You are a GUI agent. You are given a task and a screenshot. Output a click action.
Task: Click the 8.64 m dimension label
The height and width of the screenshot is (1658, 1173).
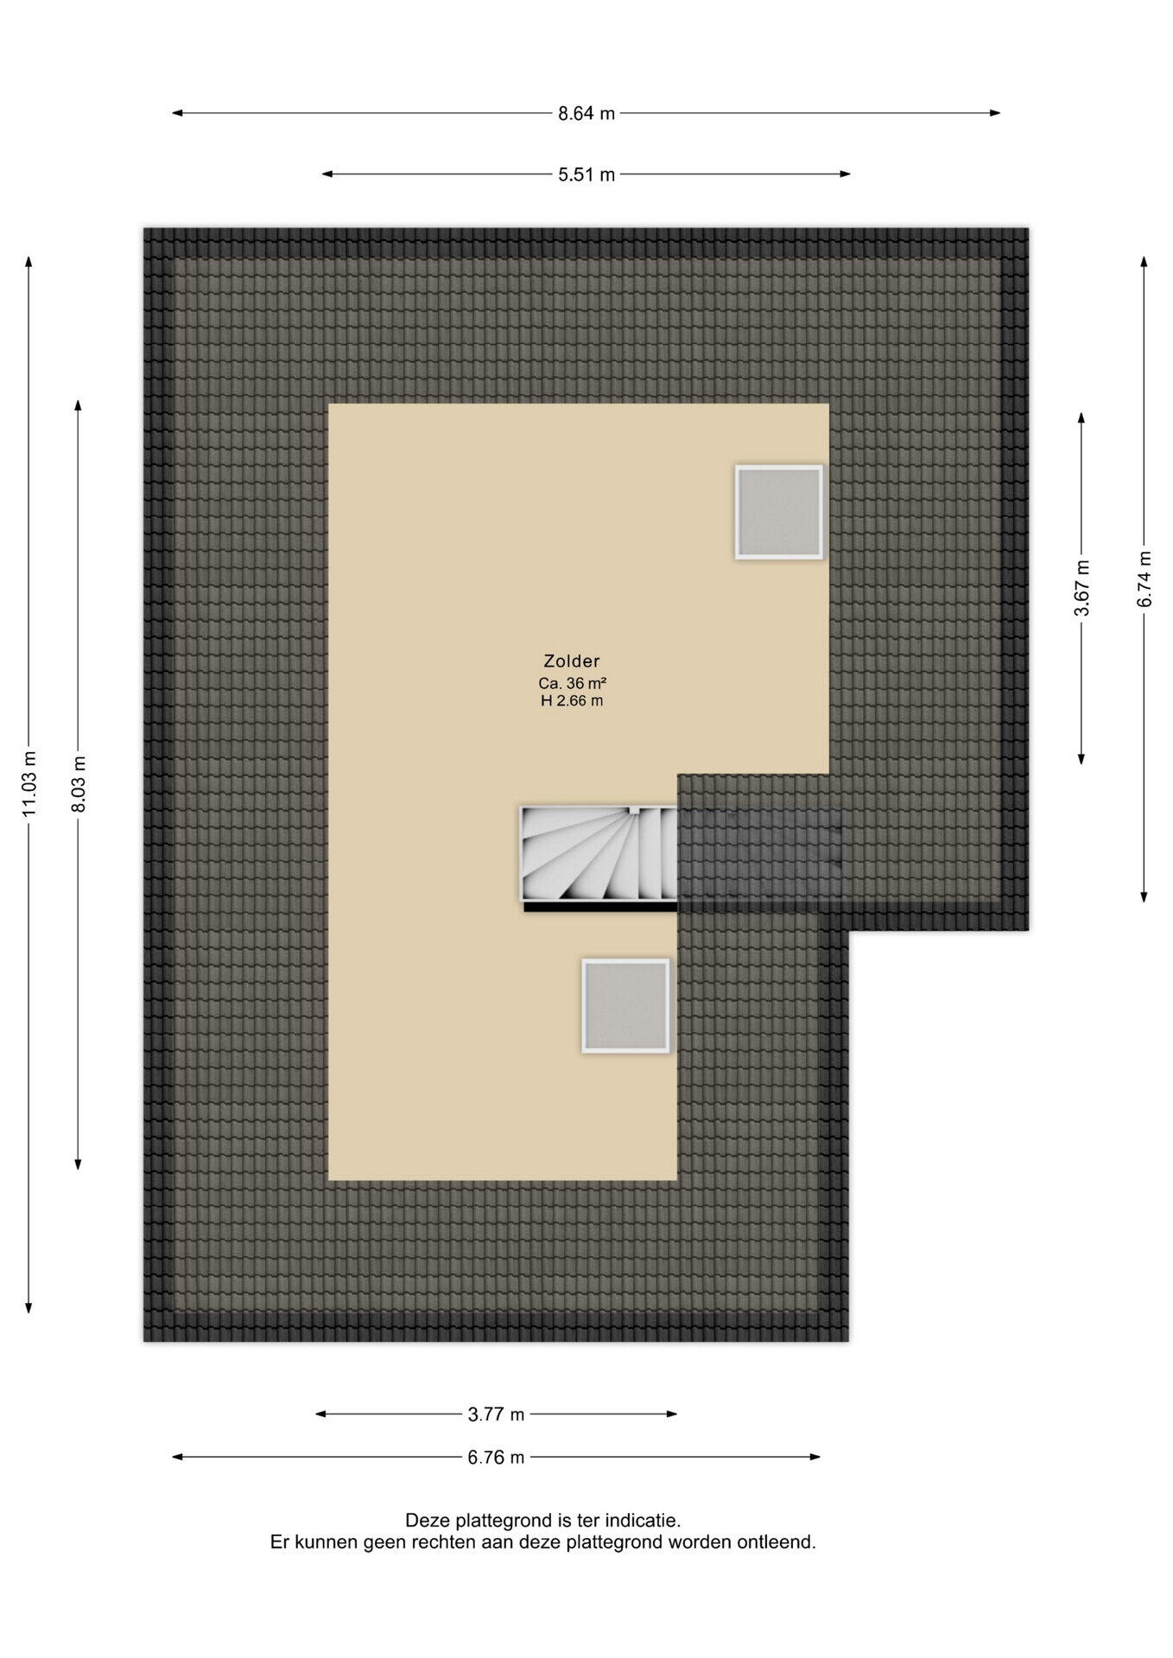click(x=586, y=113)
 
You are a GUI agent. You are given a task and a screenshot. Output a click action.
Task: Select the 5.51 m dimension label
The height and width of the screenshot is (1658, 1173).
click(x=586, y=174)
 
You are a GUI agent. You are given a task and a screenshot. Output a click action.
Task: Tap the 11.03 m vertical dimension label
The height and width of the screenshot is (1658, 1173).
click(x=30, y=783)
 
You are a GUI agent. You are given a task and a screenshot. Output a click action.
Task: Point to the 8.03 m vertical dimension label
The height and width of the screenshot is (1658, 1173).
click(x=79, y=783)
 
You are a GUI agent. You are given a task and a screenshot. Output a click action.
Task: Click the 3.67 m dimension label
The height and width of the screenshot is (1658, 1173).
click(x=1081, y=588)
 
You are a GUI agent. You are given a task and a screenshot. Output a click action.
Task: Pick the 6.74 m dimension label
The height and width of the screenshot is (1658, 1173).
click(x=1144, y=579)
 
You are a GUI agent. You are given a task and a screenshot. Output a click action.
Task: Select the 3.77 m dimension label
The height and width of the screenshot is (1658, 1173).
click(x=497, y=1414)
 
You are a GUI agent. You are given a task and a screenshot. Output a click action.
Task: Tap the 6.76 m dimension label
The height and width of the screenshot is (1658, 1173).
click(x=497, y=1458)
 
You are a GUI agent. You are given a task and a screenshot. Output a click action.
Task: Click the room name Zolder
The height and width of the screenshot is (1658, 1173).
click(x=572, y=661)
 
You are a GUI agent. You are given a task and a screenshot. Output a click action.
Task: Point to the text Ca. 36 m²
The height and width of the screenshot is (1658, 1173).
click(x=572, y=683)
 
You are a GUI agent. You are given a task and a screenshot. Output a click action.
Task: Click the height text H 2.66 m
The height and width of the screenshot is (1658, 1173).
click(x=572, y=701)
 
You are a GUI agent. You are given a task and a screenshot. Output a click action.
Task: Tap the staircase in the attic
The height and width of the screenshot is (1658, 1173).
click(x=599, y=853)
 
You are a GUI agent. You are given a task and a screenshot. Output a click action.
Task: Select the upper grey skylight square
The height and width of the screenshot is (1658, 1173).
click(x=779, y=512)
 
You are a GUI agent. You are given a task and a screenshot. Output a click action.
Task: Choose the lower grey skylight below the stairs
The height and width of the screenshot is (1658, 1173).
click(x=626, y=1005)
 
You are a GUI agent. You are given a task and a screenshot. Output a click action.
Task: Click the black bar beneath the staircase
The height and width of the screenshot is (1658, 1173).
click(x=600, y=907)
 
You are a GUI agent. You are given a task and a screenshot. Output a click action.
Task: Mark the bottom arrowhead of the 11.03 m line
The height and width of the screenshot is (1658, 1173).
click(x=29, y=1307)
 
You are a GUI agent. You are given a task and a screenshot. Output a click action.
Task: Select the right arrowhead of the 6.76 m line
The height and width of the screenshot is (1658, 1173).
click(x=815, y=1458)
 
